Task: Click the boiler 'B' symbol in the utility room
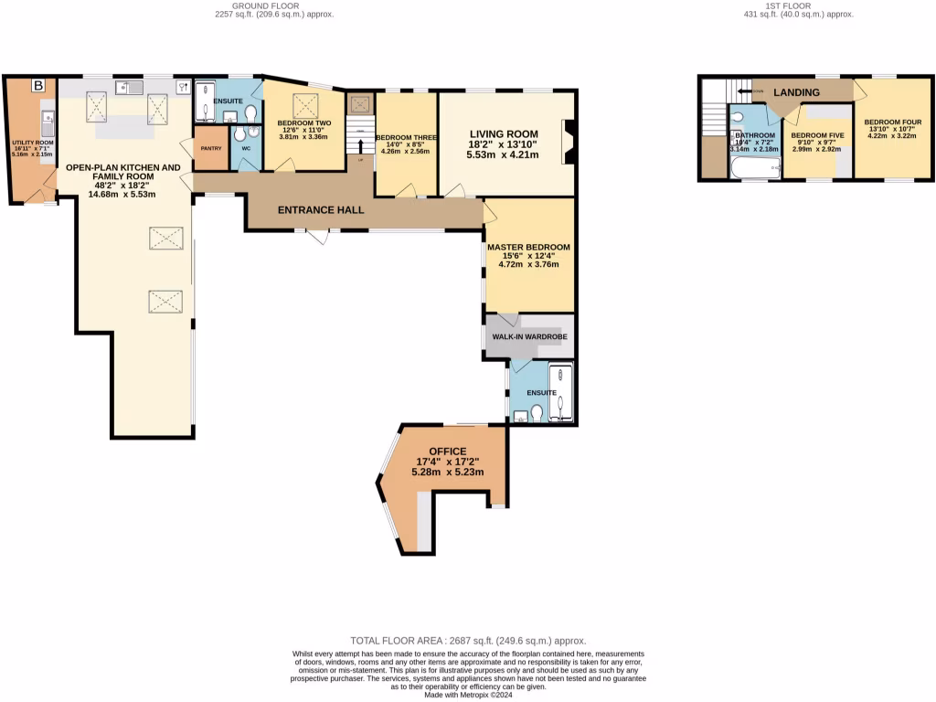38,86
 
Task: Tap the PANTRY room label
211,148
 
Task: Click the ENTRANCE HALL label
321,210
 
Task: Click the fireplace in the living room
568,142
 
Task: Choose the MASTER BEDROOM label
528,247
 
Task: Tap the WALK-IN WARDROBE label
529,337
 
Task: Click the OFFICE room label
441,452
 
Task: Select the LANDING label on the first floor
796,92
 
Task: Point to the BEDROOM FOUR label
894,122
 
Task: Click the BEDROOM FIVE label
817,135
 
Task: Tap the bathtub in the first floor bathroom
754,166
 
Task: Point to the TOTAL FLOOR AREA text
469,641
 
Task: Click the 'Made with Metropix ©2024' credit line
469,695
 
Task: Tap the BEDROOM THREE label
407,137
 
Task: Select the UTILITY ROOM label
32,144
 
